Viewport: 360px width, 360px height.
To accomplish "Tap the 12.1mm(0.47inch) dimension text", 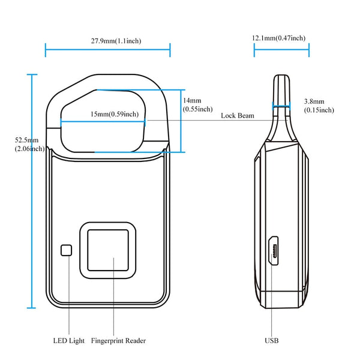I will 279,38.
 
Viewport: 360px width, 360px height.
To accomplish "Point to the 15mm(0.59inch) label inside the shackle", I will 114,114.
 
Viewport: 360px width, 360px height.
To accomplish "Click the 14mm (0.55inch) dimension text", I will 197,104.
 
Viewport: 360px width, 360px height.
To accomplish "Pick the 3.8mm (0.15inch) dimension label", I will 319,106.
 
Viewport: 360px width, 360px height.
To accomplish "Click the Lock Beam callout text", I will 237,115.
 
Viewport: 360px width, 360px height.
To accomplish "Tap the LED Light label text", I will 68,340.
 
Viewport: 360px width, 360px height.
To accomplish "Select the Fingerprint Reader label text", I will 118,340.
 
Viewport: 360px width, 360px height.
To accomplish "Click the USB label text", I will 272,340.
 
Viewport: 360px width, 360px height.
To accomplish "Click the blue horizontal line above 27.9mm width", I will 108,50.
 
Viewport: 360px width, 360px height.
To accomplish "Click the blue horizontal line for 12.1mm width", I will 281,50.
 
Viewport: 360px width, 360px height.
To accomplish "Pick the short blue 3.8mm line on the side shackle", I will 283,109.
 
